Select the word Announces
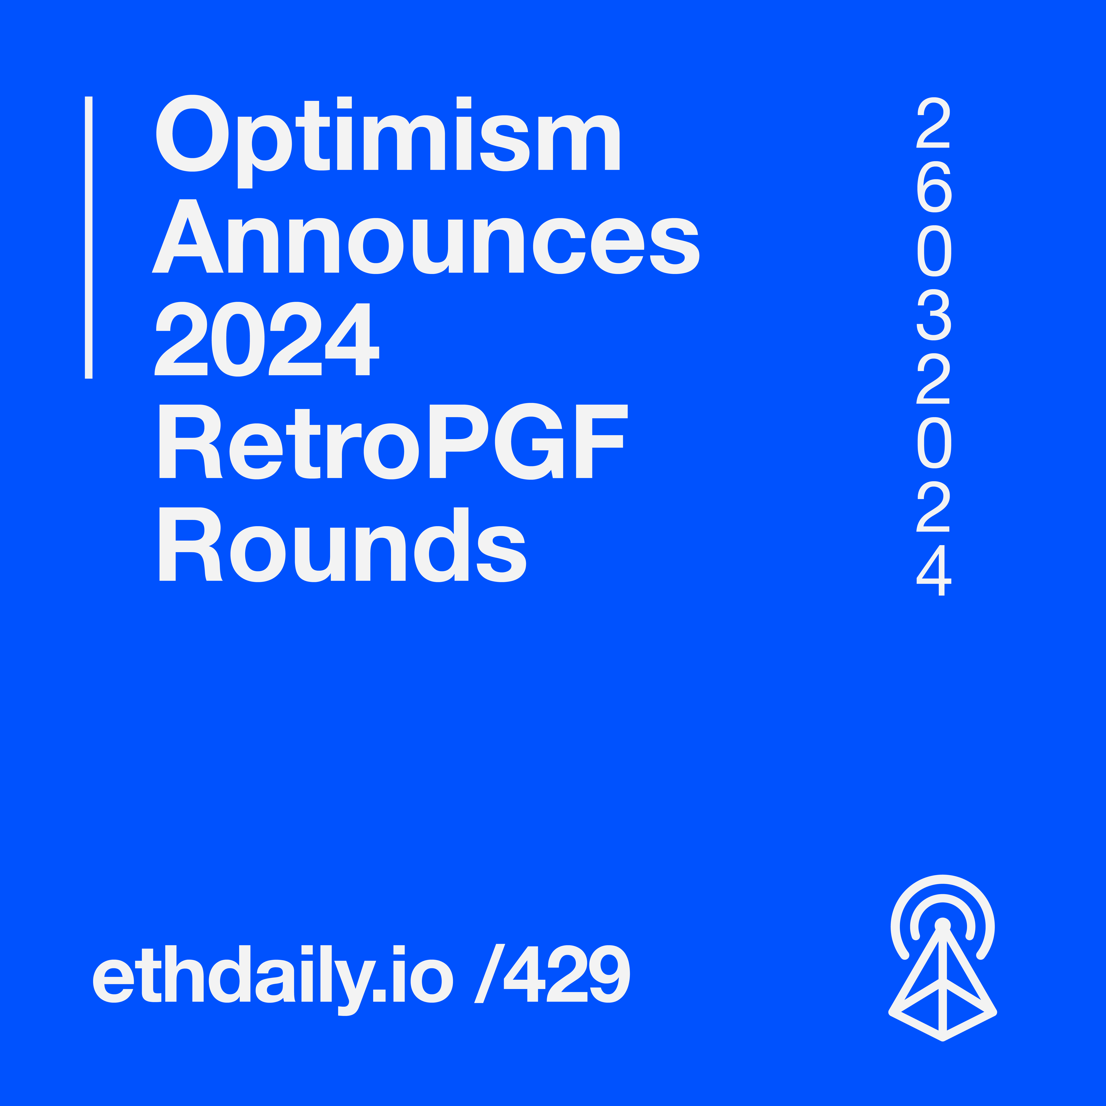click(x=425, y=236)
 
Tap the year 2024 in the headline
click(x=267, y=339)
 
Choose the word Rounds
click(x=342, y=544)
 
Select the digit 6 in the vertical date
click(x=934, y=187)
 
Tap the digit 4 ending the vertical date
click(x=934, y=571)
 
